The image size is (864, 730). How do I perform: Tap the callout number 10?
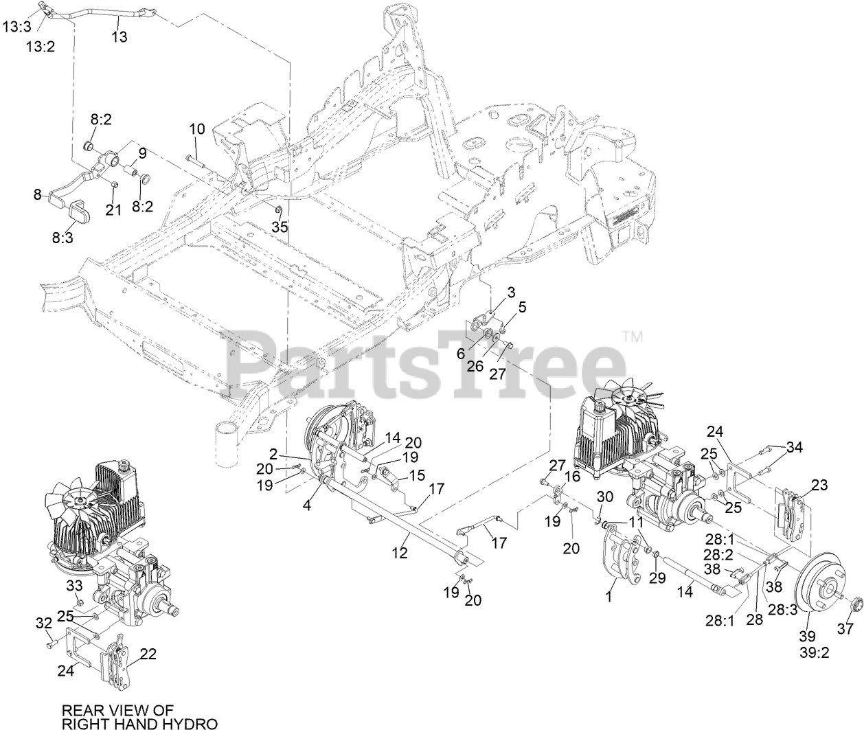coord(197,128)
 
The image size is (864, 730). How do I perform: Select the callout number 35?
coord(280,227)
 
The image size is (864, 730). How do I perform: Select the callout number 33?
coord(73,586)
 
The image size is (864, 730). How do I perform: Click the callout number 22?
coord(148,654)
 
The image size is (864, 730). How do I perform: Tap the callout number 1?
coord(606,597)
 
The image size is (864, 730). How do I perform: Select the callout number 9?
coord(142,152)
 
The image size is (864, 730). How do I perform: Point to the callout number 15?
coord(416,475)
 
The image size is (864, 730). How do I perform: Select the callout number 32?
coord(43,623)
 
